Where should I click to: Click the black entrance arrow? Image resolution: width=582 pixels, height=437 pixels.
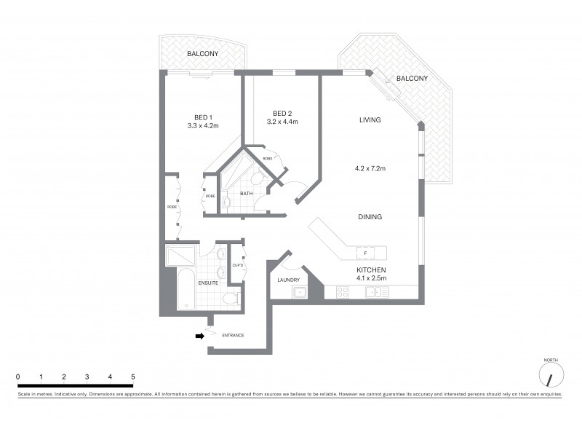coord(199,336)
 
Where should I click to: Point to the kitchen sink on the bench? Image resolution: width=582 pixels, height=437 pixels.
coord(378,292)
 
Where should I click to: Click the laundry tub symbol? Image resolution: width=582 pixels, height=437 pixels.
coord(299,292)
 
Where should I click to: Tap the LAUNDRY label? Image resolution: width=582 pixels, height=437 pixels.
coord(288,280)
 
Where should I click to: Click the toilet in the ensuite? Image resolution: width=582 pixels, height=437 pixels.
coord(231,298)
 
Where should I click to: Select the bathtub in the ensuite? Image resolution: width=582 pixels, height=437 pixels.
coord(186,290)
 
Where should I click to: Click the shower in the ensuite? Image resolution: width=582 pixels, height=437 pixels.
coord(180,255)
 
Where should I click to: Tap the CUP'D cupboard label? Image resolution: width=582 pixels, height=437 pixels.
coord(237,265)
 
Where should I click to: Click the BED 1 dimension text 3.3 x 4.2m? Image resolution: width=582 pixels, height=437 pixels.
coord(203,126)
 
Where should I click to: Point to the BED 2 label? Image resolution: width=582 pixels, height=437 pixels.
coord(282,112)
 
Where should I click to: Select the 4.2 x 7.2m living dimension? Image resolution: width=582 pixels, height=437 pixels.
coord(371,168)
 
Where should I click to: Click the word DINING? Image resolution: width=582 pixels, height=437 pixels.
coord(370,217)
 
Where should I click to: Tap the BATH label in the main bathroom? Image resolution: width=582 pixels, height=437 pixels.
coord(246,193)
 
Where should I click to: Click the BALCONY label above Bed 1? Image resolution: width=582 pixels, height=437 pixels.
coord(202,54)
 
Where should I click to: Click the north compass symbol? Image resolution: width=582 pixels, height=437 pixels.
coord(551,377)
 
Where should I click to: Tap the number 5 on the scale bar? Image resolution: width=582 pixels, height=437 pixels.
coord(133,377)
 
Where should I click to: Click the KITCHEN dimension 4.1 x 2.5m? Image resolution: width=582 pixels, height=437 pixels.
coord(371,277)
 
